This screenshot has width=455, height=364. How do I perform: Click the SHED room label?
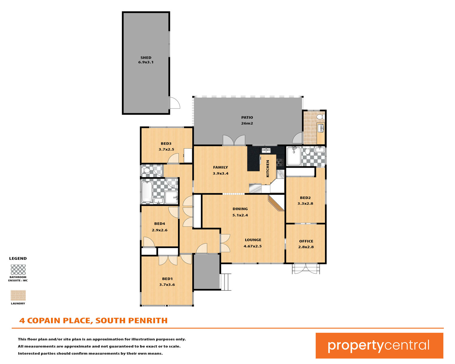(146, 58)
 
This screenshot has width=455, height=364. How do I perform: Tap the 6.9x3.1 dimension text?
(146, 62)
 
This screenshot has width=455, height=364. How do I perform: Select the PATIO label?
(247, 117)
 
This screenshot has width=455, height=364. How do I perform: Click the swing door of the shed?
(175, 103)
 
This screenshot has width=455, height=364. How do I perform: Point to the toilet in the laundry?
(321, 117)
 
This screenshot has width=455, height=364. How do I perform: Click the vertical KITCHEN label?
(268, 169)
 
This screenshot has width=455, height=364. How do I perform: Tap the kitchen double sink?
(266, 150)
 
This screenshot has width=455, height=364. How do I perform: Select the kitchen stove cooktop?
(280, 162)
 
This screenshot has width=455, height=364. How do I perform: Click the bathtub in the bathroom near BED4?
(147, 192)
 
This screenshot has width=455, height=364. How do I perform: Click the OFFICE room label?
(306, 241)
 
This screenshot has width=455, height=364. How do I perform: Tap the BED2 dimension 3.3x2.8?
(305, 204)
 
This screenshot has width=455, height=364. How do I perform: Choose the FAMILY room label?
(221, 167)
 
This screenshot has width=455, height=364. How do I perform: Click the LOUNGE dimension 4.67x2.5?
(253, 246)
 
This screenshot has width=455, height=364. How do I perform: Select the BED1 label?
(167, 279)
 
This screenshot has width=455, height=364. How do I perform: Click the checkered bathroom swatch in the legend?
(18, 269)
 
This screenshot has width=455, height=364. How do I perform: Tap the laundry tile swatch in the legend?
(18, 295)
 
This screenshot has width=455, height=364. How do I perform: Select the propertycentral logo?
(379, 345)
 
